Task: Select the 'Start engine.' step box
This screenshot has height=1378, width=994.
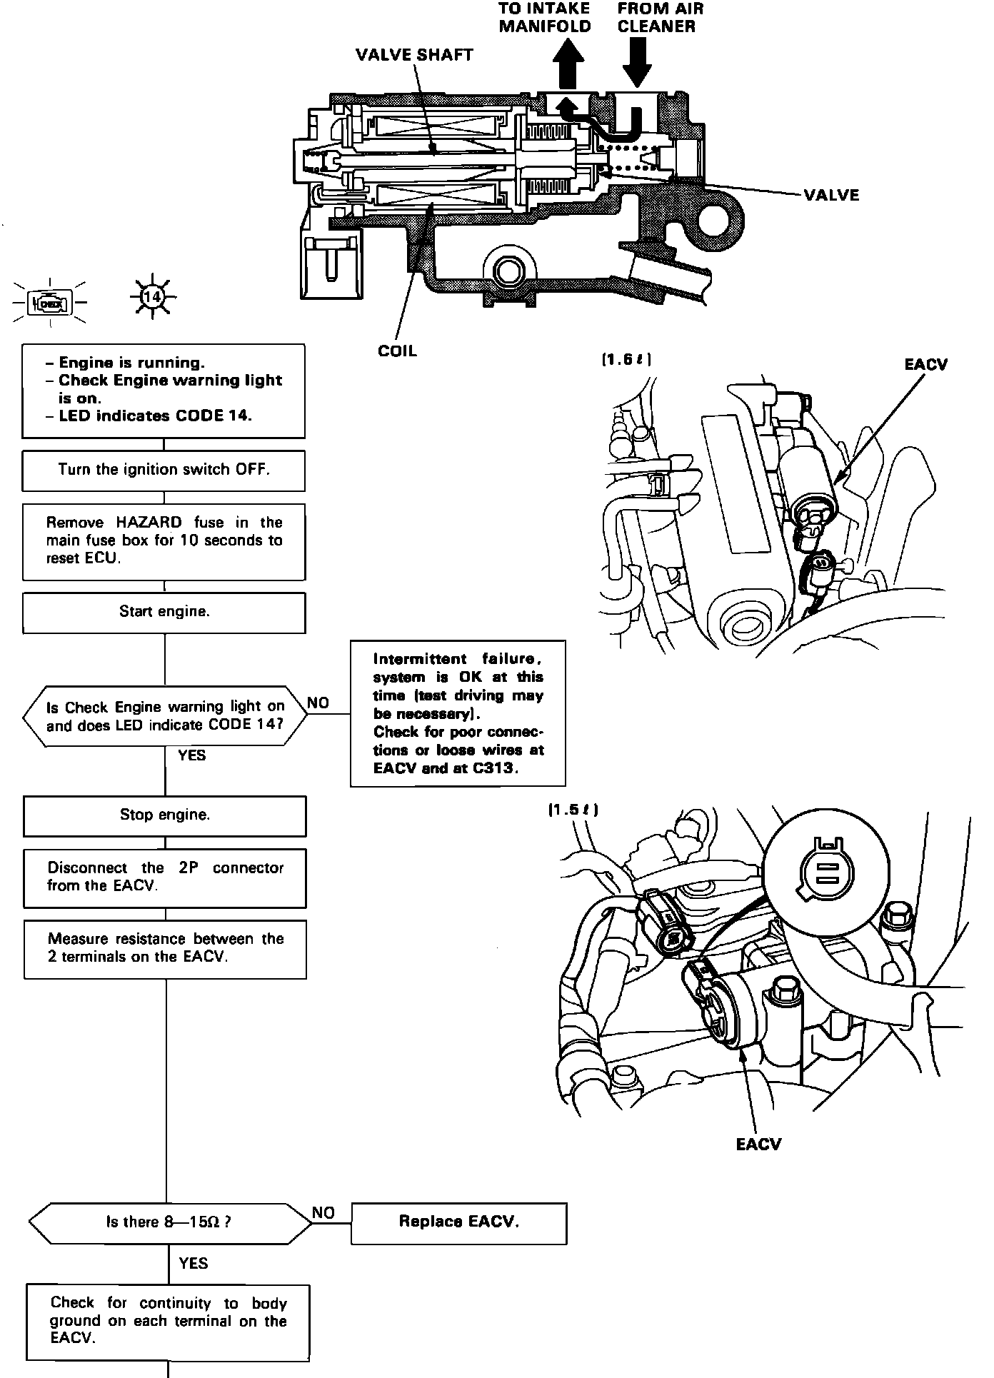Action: (x=164, y=612)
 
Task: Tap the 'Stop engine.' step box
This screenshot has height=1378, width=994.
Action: (x=164, y=815)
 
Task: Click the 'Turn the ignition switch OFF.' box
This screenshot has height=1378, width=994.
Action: (x=164, y=470)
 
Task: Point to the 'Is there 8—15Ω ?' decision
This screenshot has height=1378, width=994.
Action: (x=169, y=1222)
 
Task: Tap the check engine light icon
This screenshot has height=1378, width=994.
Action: (x=50, y=303)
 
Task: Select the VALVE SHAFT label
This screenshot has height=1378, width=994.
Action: (x=414, y=55)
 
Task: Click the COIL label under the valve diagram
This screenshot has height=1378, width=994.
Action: (x=397, y=351)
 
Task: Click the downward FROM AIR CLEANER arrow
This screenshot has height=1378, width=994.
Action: (x=637, y=62)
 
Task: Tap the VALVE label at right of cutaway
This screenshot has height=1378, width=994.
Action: (x=831, y=195)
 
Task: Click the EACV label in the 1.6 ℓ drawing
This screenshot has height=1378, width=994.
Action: (x=925, y=364)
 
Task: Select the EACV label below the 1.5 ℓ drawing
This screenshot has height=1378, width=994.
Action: (x=758, y=1145)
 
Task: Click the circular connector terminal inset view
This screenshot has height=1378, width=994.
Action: (x=826, y=870)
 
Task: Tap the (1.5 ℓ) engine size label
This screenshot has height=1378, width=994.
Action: (x=573, y=810)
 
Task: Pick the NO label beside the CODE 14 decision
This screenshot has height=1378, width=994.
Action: (x=318, y=703)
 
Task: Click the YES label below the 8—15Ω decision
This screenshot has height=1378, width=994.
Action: (x=193, y=1263)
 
